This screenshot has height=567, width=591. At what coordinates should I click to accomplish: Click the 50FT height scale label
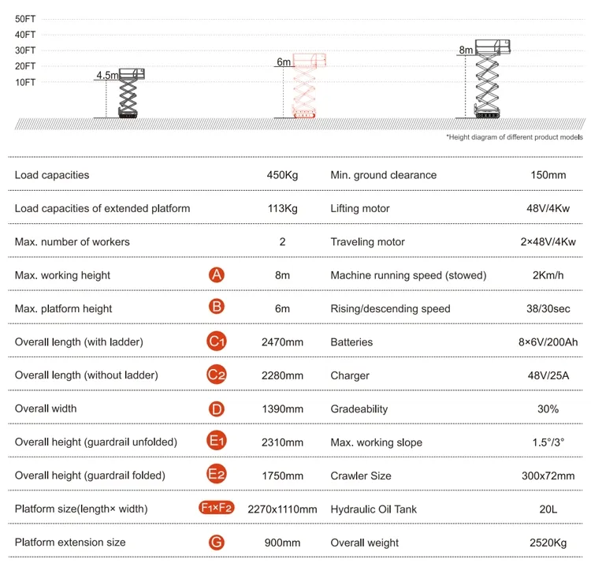tap(25, 18)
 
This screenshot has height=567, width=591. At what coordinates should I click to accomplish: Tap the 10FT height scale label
tap(25, 82)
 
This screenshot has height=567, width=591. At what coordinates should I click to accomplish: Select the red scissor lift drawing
tap(304, 87)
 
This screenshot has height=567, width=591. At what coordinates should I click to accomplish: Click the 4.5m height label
tap(106, 76)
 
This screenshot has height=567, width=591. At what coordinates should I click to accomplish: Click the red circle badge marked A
tap(217, 275)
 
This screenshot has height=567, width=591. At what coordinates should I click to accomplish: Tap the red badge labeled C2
tap(217, 375)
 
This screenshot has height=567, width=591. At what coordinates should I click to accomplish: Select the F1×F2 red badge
tap(217, 509)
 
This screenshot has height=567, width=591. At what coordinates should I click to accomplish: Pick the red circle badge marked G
tap(217, 543)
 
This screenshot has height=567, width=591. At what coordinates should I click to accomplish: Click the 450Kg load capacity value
tap(282, 175)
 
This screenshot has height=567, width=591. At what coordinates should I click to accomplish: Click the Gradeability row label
tap(359, 408)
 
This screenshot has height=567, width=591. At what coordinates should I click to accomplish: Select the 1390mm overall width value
tap(282, 408)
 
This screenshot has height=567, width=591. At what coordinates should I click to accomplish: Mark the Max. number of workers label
tap(72, 241)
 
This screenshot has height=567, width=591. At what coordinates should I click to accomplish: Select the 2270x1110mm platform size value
tap(282, 509)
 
